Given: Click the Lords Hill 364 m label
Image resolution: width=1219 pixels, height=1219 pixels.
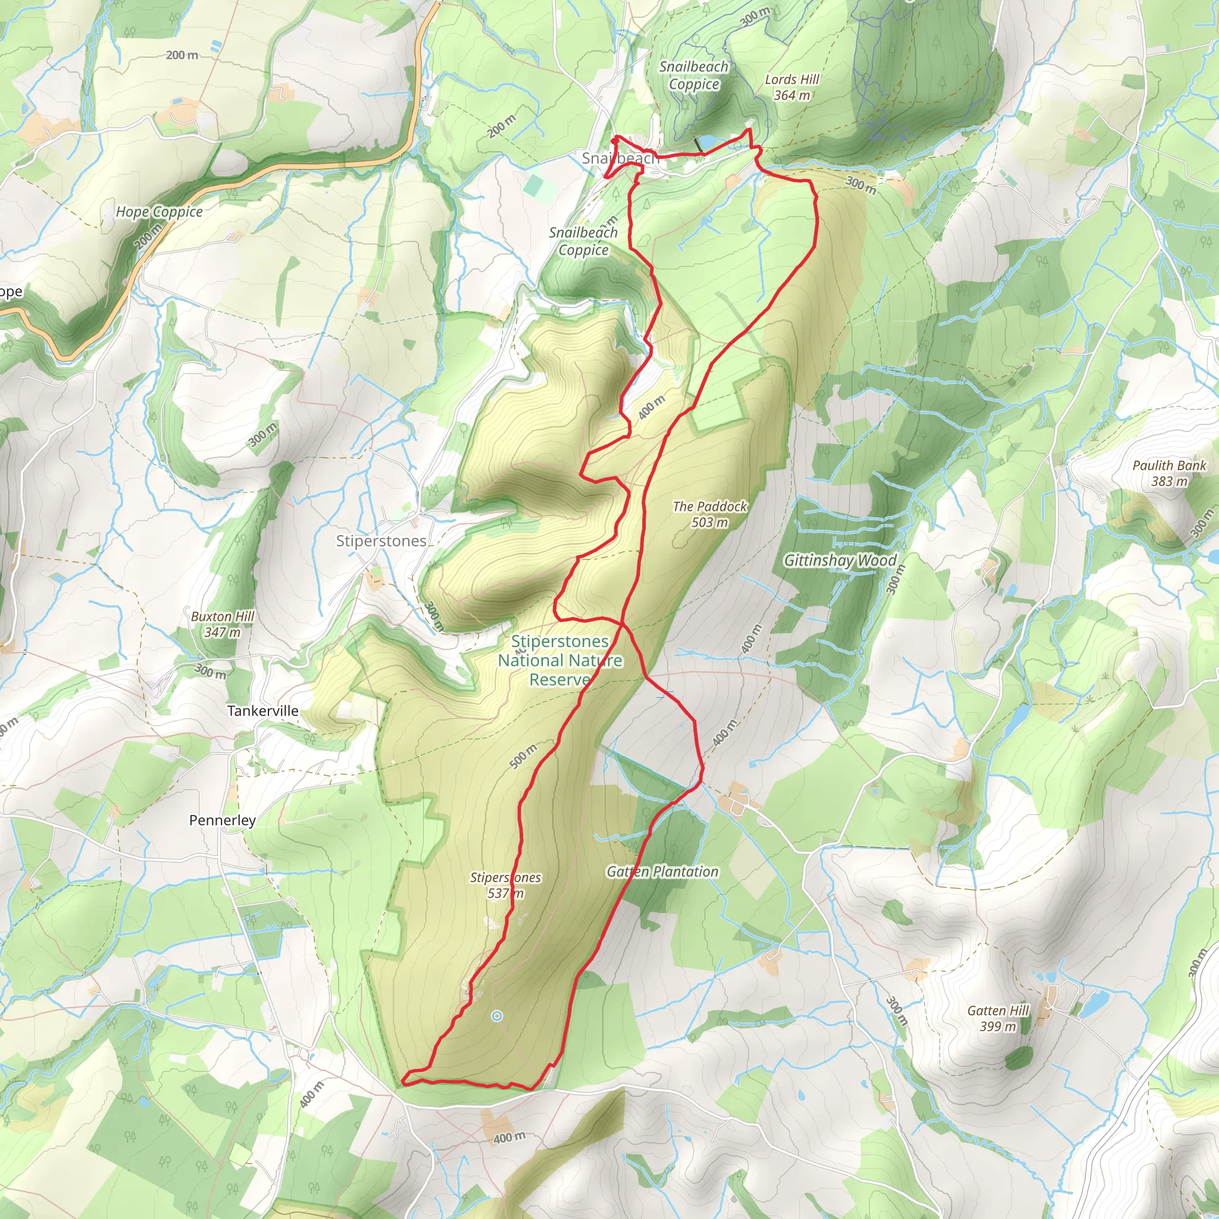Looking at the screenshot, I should point(792,87).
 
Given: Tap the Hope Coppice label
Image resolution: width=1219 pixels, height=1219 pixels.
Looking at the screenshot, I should point(159,212).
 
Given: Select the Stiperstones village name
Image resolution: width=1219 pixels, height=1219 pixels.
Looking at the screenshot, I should point(381,540).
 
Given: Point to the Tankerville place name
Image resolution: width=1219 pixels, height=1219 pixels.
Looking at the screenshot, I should point(262,711).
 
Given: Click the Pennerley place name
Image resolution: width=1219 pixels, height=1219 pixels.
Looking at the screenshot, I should point(222,820).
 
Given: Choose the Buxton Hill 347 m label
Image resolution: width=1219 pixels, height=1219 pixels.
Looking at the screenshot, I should point(222,623).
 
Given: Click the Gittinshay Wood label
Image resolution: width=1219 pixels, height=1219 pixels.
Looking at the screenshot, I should point(840,560).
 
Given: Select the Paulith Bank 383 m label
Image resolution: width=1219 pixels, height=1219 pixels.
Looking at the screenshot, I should point(1169,473).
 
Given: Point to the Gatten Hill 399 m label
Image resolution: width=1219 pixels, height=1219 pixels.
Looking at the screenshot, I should point(998,1018).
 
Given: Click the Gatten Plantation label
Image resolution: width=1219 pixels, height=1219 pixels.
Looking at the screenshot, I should point(662,871).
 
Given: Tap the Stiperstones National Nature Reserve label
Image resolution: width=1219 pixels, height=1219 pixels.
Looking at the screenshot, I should point(560,660).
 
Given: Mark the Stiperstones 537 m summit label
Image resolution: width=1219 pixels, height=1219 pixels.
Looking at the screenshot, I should point(505,884).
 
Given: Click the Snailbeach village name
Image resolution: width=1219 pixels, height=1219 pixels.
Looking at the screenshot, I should point(620,158).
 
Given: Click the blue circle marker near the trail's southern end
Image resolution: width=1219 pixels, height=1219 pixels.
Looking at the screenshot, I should point(497,1016).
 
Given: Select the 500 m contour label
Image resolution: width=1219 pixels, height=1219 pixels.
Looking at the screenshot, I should point(523,756).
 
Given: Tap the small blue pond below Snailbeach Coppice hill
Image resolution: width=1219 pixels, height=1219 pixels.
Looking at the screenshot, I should point(707,140).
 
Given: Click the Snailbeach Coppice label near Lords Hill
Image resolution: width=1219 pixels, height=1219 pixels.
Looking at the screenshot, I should point(693,75).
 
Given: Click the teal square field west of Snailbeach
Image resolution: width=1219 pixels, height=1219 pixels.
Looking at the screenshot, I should point(534,185).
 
